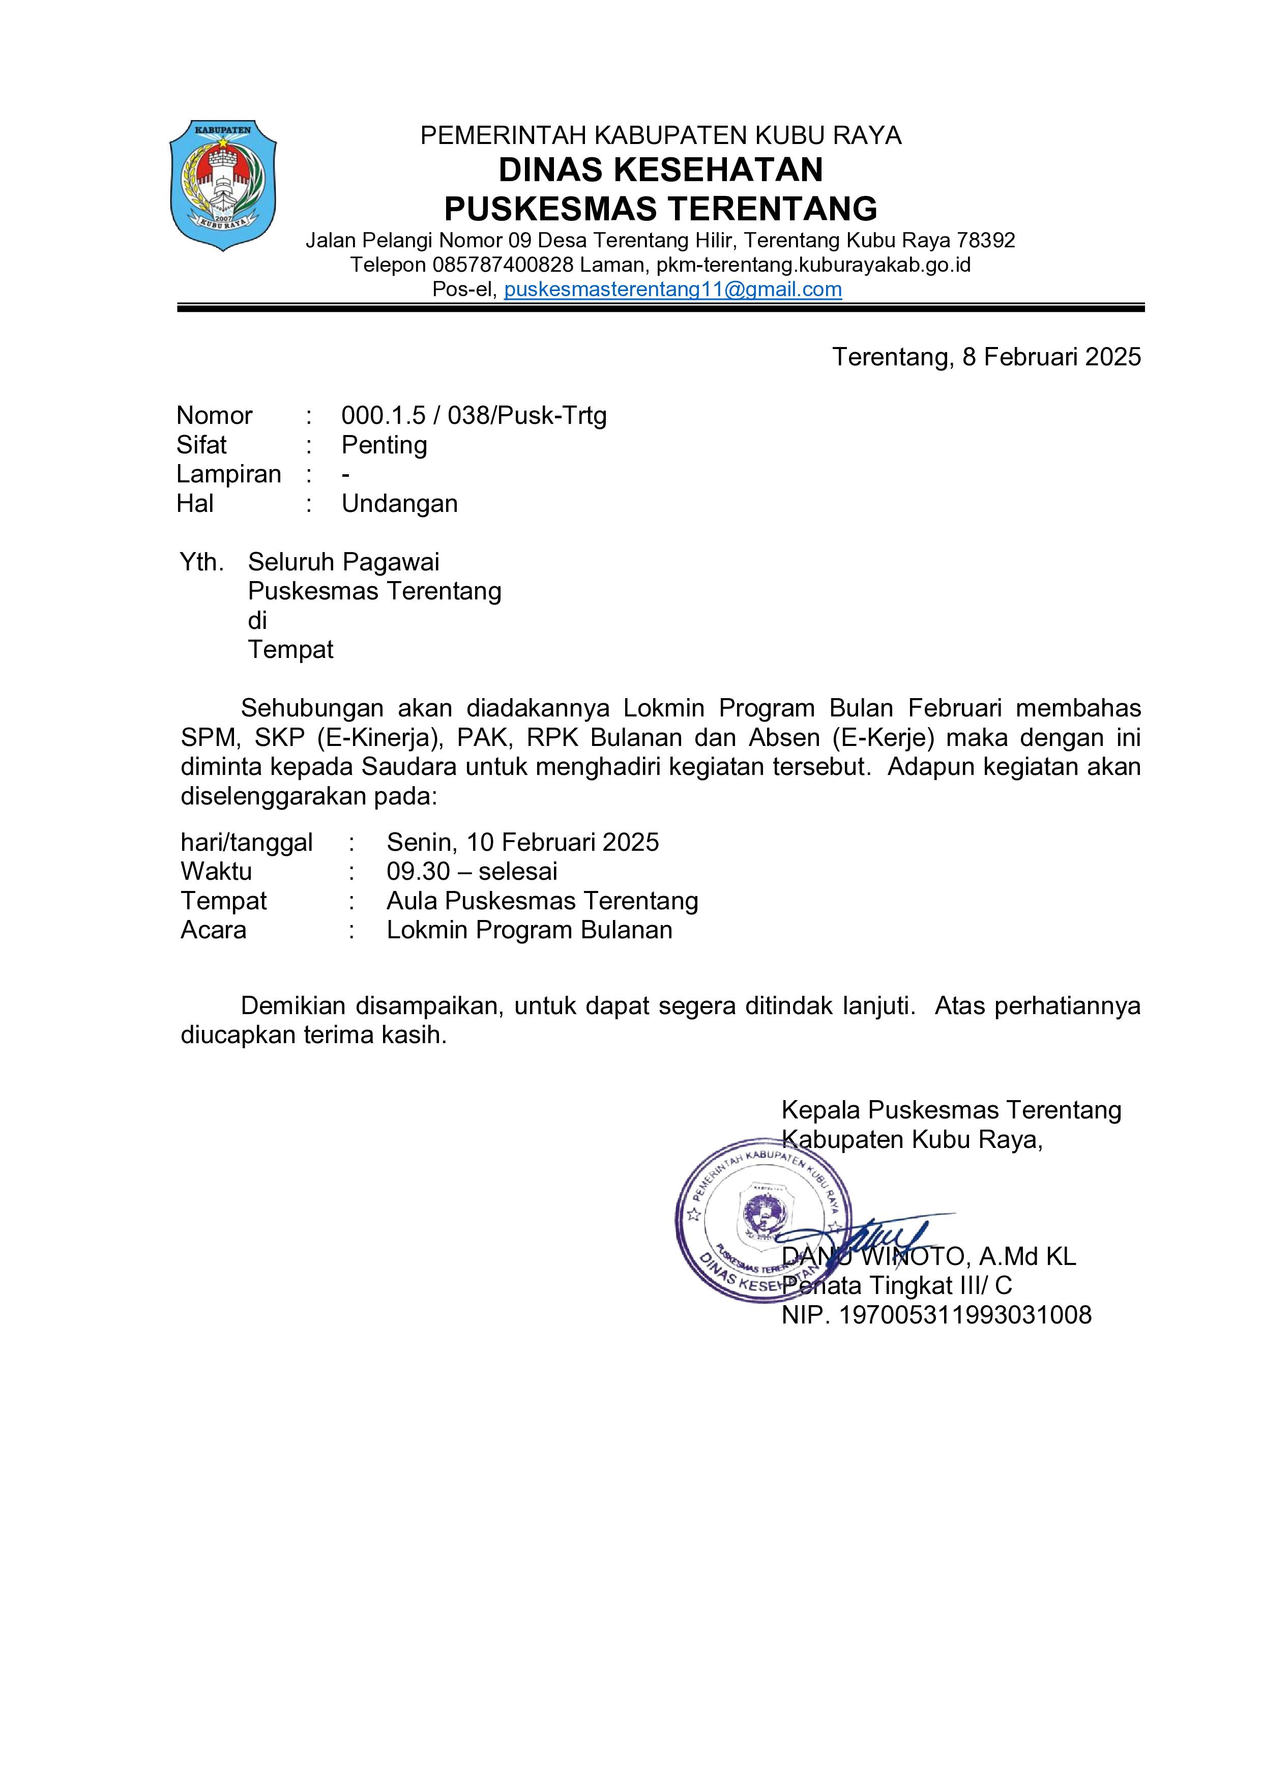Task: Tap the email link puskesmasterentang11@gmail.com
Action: point(673,289)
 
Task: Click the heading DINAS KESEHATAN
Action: point(661,169)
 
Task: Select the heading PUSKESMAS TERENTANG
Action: point(661,208)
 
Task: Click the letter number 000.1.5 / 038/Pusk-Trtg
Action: point(474,415)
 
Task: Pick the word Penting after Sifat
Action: point(384,445)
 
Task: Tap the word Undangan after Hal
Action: point(399,503)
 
